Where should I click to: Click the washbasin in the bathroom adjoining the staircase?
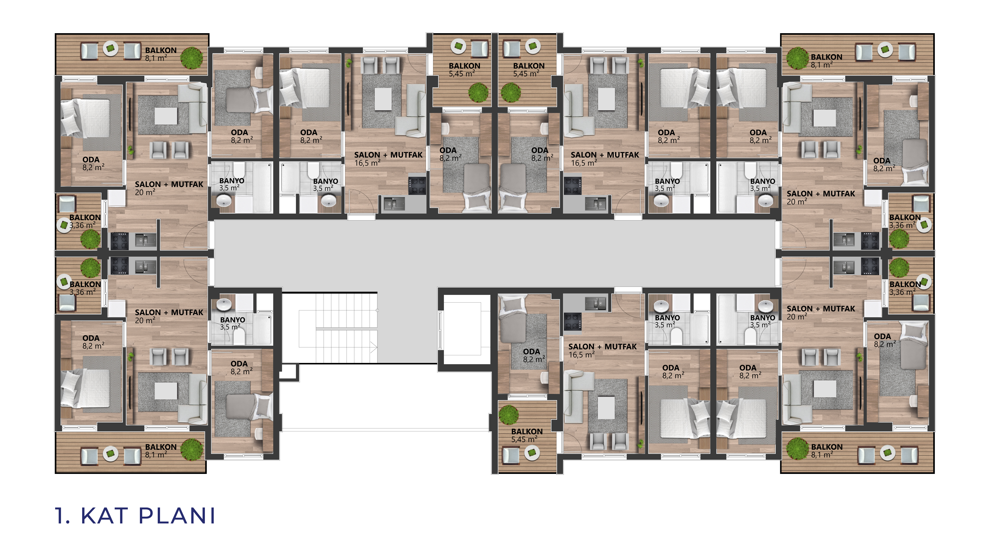224,304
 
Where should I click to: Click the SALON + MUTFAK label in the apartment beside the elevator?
602,346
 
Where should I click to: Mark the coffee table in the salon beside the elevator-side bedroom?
606,408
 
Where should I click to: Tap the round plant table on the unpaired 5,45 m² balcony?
532,453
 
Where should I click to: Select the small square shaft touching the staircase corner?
289,372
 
